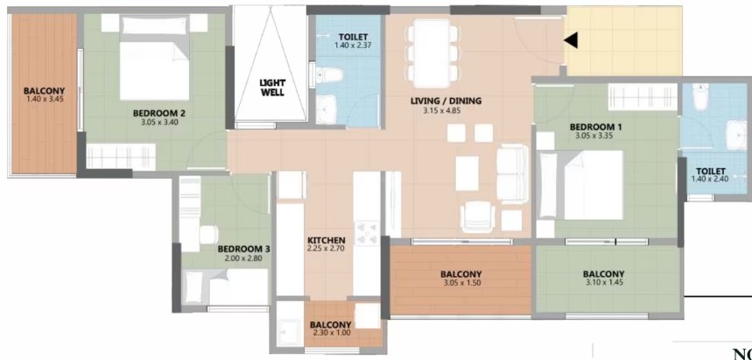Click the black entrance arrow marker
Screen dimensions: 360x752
[570, 39]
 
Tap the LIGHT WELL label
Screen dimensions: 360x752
[272, 88]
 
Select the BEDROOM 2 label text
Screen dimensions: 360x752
[158, 113]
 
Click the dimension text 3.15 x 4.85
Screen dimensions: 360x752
[446, 111]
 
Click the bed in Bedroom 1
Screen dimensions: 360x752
[593, 184]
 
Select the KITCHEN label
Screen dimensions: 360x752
[326, 241]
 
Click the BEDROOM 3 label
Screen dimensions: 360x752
[243, 249]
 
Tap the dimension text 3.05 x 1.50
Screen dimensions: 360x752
[460, 284]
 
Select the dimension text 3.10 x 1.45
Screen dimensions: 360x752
[603, 284]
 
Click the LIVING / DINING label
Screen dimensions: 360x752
[446, 101]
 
